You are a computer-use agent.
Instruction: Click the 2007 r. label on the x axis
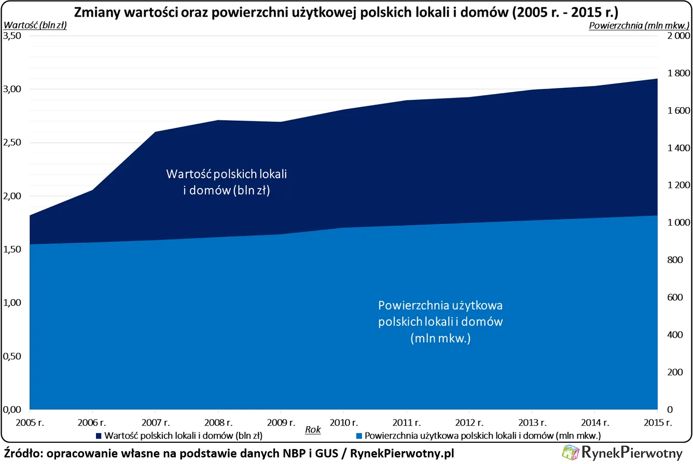point(155,423)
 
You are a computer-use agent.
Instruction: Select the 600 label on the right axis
point(672,297)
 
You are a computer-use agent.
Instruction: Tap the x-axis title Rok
point(312,429)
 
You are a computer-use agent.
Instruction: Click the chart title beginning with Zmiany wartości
point(346,11)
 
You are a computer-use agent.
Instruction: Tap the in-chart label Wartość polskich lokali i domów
point(227,182)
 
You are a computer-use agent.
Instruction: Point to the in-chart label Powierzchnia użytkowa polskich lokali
point(441,321)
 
